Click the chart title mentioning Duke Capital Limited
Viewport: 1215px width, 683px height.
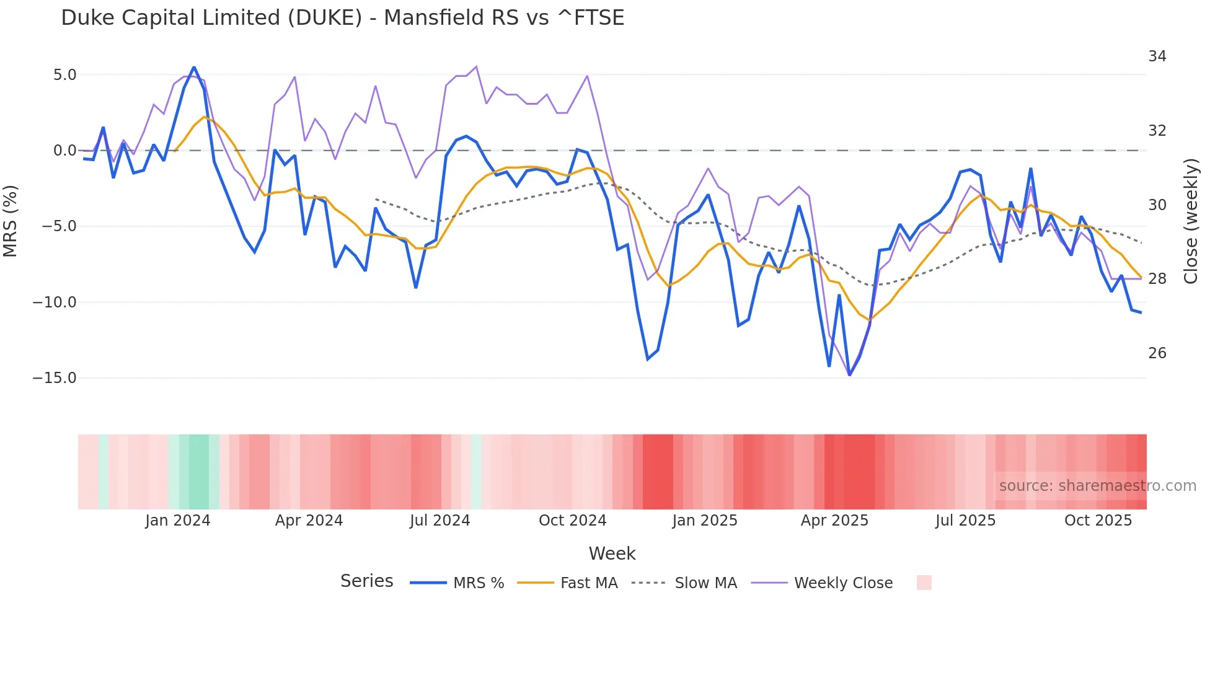click(x=342, y=18)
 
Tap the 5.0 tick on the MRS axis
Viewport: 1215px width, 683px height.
click(x=64, y=75)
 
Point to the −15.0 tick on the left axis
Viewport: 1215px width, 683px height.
click(x=55, y=378)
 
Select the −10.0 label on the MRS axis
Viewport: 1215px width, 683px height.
click(x=55, y=302)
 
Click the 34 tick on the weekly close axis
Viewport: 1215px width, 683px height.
click(x=1157, y=56)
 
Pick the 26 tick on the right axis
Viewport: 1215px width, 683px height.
click(x=1157, y=353)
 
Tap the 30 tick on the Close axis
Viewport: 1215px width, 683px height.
click(x=1157, y=205)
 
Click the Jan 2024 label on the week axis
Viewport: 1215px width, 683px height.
click(x=178, y=521)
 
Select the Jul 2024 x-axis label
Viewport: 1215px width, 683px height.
click(x=440, y=521)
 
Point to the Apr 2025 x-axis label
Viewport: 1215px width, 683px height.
click(x=834, y=521)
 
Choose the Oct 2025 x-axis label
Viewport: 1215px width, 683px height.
click(x=1098, y=521)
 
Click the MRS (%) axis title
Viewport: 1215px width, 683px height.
click(x=11, y=221)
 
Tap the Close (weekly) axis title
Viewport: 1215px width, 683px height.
click(x=1191, y=221)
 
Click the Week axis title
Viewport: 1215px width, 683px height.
click(x=612, y=553)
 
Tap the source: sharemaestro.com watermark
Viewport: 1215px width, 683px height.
click(x=1097, y=486)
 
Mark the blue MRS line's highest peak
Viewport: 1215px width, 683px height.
click(x=194, y=67)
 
